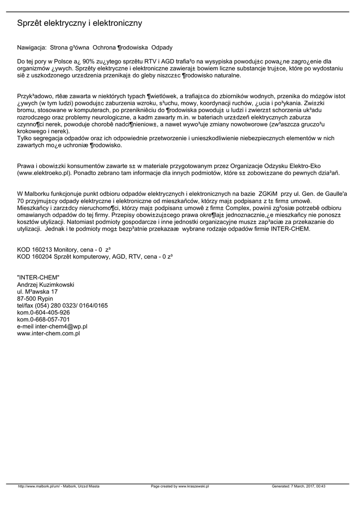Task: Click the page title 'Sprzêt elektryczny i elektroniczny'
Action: pyautogui.click(x=79, y=23)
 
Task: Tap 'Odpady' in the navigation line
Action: pyautogui.click(x=162, y=48)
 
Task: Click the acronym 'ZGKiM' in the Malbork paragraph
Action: pyautogui.click(x=267, y=193)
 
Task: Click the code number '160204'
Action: pyautogui.click(x=43, y=256)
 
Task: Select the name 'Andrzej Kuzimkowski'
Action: pyautogui.click(x=46, y=285)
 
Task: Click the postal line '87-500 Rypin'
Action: pyautogui.click(x=35, y=299)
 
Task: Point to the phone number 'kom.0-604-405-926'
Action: pyautogui.click(x=43, y=313)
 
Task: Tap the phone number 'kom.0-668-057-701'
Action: pyautogui.click(x=43, y=320)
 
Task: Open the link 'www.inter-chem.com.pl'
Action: pyautogui.click(x=49, y=334)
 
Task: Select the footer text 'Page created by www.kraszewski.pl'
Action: pyautogui.click(x=180, y=487)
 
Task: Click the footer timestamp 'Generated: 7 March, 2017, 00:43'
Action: pyautogui.click(x=298, y=487)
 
